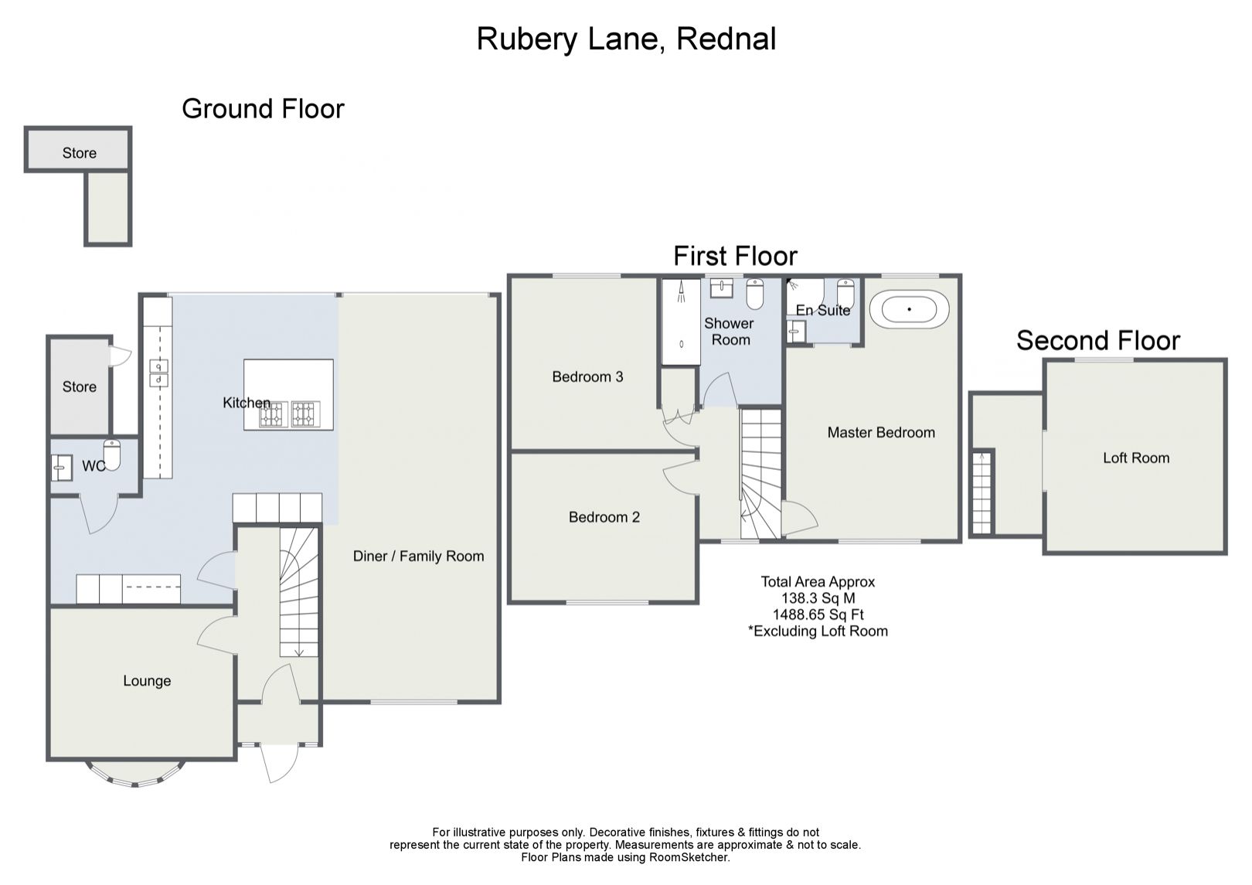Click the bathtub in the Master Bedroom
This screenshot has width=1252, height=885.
(x=909, y=309)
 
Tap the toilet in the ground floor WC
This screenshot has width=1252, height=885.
(x=112, y=455)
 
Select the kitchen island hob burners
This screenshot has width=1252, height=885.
(x=289, y=414)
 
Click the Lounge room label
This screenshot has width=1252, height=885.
(x=147, y=681)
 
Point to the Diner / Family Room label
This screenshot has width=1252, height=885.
(x=418, y=556)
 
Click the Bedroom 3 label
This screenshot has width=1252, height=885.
(x=587, y=376)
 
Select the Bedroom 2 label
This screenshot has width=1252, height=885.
(x=604, y=517)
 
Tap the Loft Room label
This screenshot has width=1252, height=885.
(x=1135, y=458)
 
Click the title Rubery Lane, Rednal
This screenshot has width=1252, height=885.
(x=626, y=39)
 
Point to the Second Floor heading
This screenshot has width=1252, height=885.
(x=1097, y=340)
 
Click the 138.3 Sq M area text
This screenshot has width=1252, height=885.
(x=818, y=598)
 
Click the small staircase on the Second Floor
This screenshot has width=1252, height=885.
(x=982, y=492)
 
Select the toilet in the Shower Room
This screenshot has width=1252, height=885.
(x=755, y=294)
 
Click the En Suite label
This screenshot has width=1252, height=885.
(x=822, y=310)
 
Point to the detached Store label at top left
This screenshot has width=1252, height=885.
(x=79, y=153)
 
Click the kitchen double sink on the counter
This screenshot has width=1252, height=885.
(x=158, y=373)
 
